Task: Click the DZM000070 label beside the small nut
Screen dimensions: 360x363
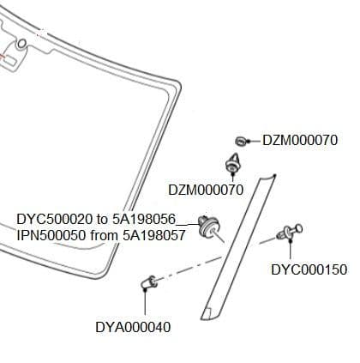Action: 300,141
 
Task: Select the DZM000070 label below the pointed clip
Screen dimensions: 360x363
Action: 206,190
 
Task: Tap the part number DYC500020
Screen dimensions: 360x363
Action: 55,220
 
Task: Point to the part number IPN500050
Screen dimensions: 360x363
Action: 51,235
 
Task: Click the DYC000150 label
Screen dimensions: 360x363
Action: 309,269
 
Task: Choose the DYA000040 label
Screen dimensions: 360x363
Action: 133,327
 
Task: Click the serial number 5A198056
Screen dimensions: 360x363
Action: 144,220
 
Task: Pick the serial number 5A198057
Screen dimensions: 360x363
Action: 154,235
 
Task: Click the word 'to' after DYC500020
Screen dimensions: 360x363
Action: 102,220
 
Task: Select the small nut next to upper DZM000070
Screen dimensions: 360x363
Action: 241,141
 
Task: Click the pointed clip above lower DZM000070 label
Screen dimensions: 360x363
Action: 234,162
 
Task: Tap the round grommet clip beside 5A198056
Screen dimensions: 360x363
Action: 209,227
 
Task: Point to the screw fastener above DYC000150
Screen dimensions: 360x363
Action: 290,231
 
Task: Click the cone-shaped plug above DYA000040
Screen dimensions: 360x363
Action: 149,282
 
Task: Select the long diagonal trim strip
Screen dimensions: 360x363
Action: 238,248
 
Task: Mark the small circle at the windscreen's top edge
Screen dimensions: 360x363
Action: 21,44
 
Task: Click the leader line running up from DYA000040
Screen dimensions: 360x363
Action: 145,303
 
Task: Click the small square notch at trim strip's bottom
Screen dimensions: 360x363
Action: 208,313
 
